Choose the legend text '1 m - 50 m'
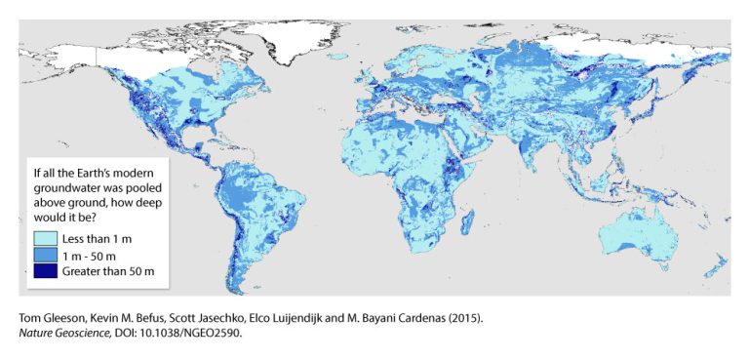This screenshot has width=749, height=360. tap(91, 254)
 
